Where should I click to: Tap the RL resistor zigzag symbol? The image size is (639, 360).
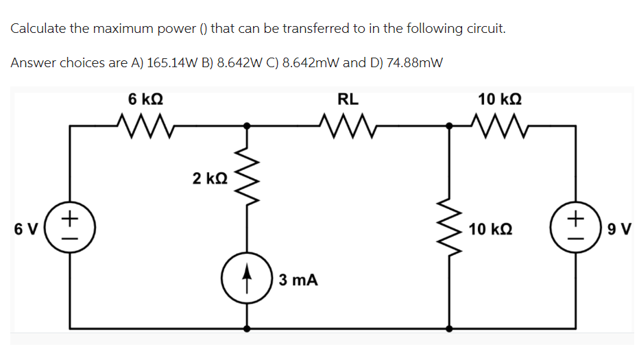click(x=348, y=125)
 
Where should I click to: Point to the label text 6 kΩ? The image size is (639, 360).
click(x=145, y=99)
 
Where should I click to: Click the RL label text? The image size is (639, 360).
click(x=348, y=99)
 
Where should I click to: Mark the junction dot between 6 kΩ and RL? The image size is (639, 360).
click(x=248, y=126)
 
